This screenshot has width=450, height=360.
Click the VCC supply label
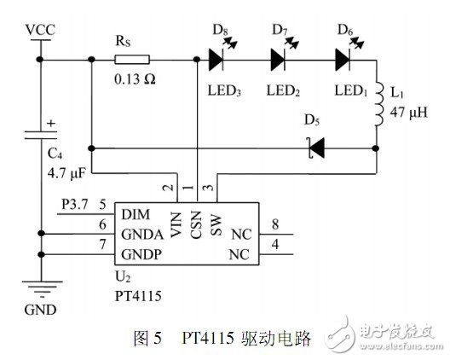coord(40,30)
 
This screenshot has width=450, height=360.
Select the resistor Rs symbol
coord(132,59)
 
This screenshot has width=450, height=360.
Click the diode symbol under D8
coord(216,59)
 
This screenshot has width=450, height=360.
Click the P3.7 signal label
coord(77,205)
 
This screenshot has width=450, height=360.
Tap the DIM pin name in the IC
coord(135,212)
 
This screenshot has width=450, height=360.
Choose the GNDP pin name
coord(141,255)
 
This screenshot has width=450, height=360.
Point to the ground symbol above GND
coord(40,288)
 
